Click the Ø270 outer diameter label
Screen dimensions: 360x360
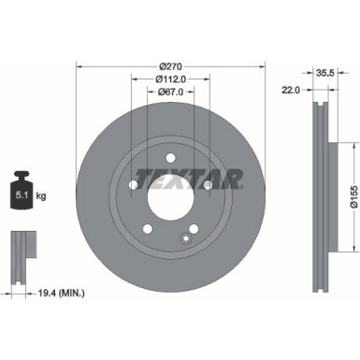pyautogui.click(x=169, y=65)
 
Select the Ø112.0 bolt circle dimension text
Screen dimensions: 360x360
pyautogui.click(x=169, y=79)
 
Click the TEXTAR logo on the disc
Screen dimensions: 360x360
pyautogui.click(x=190, y=177)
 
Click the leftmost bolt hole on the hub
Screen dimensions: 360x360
pyautogui.click(x=133, y=185)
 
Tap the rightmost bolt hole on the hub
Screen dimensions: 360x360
pyautogui.click(x=207, y=185)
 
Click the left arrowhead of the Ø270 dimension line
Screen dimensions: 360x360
pyautogui.click(x=79, y=65)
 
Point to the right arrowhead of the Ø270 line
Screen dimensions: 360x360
pyautogui.click(x=261, y=65)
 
